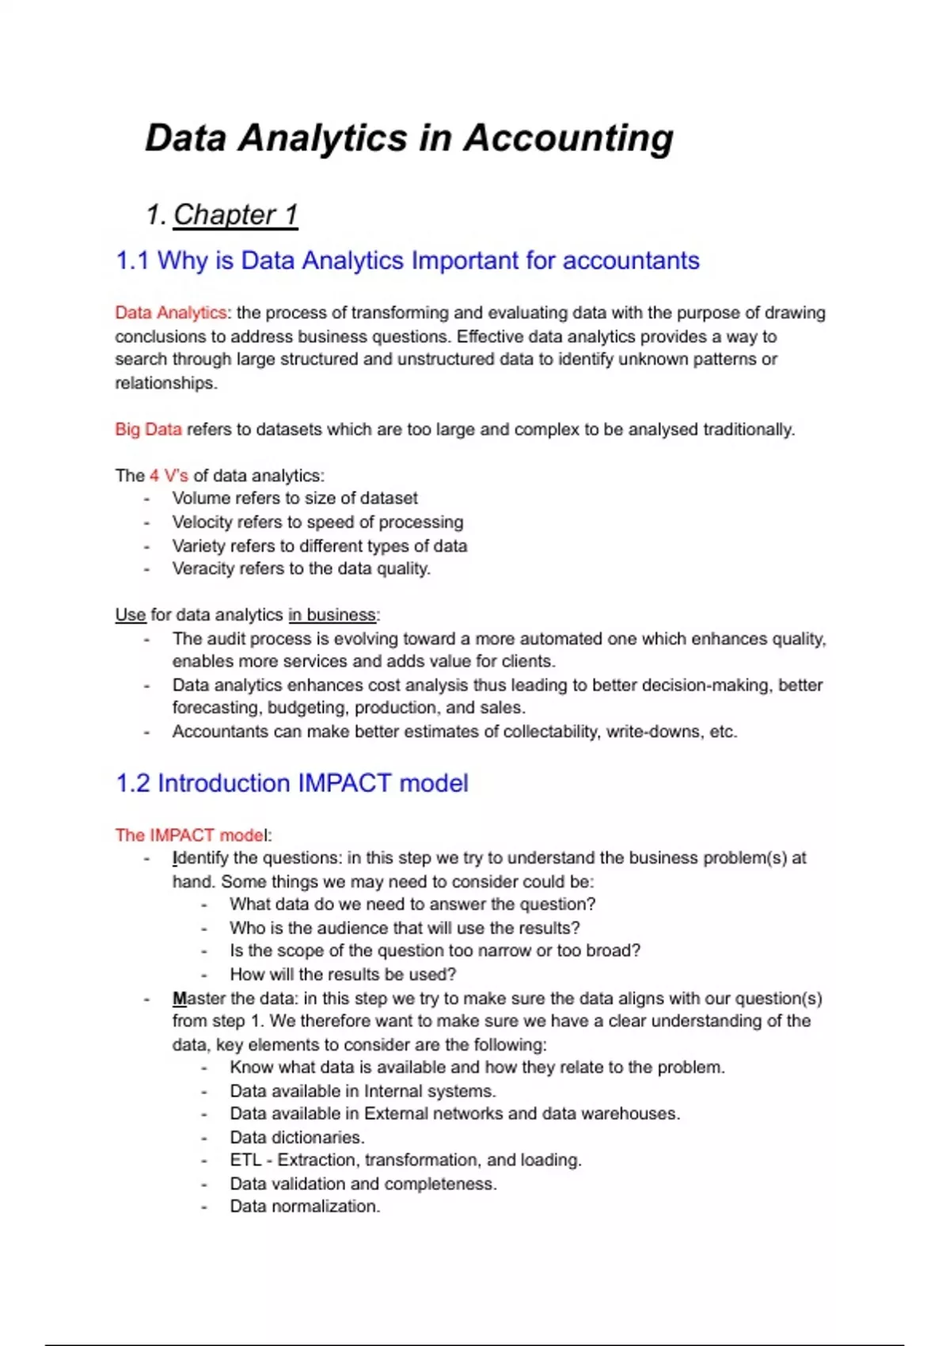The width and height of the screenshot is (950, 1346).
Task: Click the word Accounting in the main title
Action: [x=568, y=139]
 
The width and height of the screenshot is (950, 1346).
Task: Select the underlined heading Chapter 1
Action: [x=235, y=215]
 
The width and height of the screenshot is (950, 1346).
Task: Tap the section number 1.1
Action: [x=132, y=260]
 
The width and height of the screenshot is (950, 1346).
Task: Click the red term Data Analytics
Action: [x=170, y=313]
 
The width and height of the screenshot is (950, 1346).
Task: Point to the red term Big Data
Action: [x=148, y=429]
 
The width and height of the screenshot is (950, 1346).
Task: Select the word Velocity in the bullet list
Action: [x=200, y=523]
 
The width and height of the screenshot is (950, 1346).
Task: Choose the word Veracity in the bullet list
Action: [x=202, y=569]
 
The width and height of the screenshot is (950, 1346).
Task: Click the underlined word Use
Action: [x=130, y=615]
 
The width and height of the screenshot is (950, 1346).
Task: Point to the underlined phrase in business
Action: [x=332, y=615]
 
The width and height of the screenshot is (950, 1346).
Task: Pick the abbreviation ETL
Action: [x=245, y=1161]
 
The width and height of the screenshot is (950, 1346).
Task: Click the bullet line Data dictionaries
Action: [x=297, y=1138]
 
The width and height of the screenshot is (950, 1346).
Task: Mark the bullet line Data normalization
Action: [x=305, y=1207]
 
